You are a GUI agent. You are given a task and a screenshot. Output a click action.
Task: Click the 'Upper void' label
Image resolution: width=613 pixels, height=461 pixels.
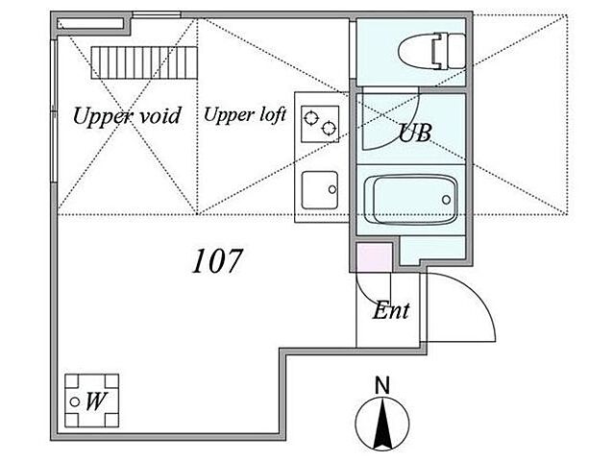[127, 116]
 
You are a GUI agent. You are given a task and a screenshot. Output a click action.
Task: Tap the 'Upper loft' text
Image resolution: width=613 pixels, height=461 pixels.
[245, 115]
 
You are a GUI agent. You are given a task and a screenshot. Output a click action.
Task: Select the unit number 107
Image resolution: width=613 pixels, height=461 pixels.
[217, 260]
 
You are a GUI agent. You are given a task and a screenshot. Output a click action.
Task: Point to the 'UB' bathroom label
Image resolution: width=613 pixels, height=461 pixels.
[415, 133]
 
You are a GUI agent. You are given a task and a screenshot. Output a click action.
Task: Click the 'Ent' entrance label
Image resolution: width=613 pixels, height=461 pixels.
[390, 310]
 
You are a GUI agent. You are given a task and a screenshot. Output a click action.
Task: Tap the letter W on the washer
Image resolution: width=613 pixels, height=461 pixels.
[96, 401]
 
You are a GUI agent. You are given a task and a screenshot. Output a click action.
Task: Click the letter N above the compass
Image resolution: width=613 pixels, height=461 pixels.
[382, 385]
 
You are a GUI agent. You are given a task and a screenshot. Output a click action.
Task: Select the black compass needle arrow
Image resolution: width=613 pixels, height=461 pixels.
[382, 424]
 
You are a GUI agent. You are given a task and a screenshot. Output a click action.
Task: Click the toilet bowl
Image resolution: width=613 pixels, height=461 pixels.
[416, 51]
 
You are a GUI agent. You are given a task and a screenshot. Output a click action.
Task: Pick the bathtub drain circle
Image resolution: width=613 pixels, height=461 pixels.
[446, 200]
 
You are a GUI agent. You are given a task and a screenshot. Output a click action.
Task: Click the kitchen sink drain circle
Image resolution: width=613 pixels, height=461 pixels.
[332, 189]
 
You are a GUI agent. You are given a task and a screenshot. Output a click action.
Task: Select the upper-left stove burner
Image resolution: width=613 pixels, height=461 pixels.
[311, 117]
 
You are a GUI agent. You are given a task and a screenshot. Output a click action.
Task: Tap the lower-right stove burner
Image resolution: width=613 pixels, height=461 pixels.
[329, 128]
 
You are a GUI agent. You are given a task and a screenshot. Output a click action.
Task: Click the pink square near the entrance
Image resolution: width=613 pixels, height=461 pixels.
[374, 257]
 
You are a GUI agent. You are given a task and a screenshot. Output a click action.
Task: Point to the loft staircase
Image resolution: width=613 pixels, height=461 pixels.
[144, 62]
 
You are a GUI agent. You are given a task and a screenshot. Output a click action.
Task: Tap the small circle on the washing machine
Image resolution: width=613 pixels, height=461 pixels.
[75, 401]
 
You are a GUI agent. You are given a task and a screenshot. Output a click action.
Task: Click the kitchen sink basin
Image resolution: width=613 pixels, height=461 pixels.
[319, 190]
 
